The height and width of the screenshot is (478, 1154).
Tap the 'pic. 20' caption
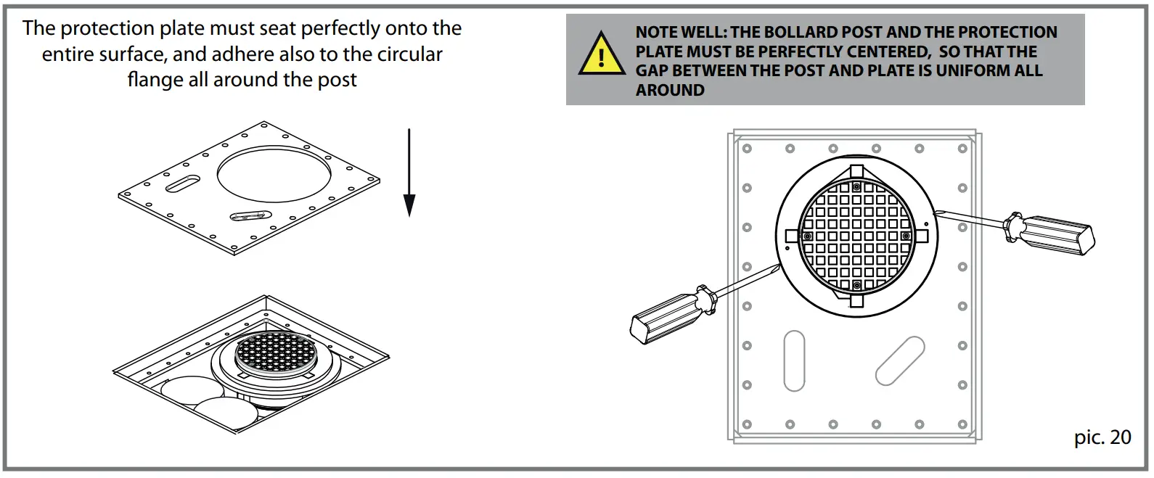pos(1102,437)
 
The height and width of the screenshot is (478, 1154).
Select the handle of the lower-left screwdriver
pos(664,314)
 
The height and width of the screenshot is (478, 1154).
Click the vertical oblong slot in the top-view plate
pos(794,361)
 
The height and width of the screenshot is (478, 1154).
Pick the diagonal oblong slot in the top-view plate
pos(900,360)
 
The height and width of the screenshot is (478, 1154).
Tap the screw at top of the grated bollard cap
pos(856,187)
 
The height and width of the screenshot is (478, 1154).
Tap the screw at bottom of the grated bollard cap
pos(856,286)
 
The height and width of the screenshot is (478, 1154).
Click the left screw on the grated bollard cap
pos(807,236)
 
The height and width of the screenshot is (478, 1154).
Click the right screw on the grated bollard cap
pos(905,236)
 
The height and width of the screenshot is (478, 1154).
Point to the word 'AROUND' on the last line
pos(670,91)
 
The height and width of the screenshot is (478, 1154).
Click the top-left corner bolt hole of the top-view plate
pos(746,149)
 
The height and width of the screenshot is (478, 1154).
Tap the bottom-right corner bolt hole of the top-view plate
pos(962,424)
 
